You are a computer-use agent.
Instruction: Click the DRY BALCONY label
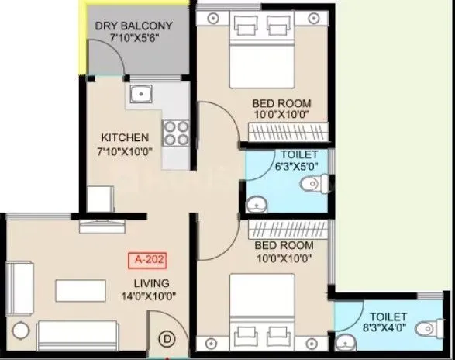click(133, 26)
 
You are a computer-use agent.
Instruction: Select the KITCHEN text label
click(125, 137)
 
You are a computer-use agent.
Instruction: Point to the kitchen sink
click(140, 95)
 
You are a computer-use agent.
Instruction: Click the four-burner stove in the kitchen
click(176, 133)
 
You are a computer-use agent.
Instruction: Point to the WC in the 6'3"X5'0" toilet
click(314, 185)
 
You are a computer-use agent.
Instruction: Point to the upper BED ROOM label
click(281, 103)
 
